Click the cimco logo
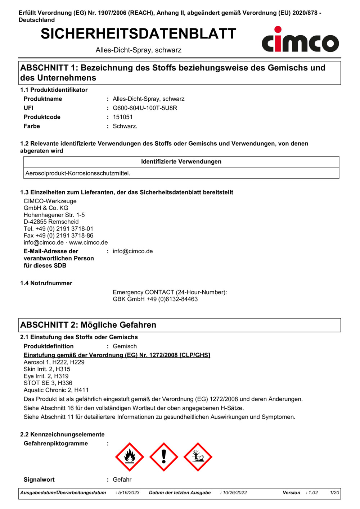tap(300, 40)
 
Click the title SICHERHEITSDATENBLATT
tap(138, 34)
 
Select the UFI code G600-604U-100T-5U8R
tap(145, 108)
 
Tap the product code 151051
tap(123, 117)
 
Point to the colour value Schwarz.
tap(125, 126)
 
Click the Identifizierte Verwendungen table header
tap(181, 162)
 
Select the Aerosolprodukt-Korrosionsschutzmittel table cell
tap(78, 173)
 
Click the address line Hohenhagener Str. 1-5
tap(54, 215)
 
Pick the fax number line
tap(58, 236)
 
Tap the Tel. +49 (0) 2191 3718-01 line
tap(58, 229)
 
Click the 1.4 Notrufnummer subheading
tap(46, 283)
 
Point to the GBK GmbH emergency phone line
tap(155, 299)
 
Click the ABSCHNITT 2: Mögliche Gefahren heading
tap(88, 325)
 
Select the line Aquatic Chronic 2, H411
tap(56, 390)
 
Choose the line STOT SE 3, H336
tap(48, 383)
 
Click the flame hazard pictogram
tap(130, 457)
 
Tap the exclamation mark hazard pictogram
tap(164, 457)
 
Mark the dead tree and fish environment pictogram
tap(198, 457)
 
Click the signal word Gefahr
tap(122, 480)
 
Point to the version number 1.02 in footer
tap(313, 493)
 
